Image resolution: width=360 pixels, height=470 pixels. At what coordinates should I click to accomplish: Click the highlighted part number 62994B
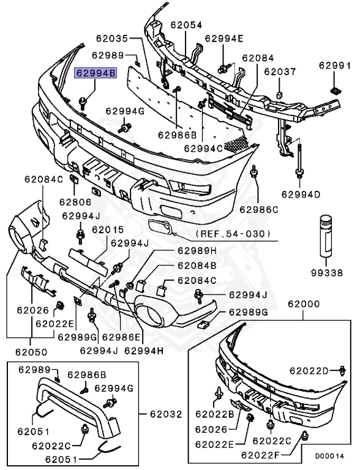tap(96, 73)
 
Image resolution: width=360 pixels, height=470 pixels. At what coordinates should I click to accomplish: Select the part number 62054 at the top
tap(186, 26)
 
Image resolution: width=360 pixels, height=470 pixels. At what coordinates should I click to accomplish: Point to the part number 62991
tap(334, 64)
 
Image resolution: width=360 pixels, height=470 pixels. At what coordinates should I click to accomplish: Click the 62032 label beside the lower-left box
tap(166, 414)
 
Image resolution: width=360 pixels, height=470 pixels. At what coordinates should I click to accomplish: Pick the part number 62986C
tap(259, 209)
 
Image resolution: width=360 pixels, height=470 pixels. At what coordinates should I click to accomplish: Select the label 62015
tap(108, 229)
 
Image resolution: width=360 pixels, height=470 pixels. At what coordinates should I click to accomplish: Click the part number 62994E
tap(224, 38)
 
